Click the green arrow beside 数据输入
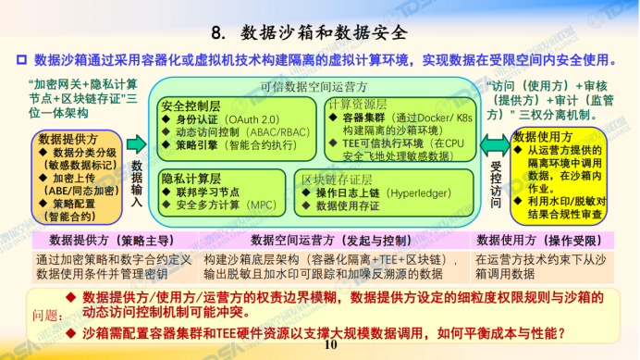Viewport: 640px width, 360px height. point(136,143)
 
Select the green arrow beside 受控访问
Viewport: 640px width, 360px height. point(496,144)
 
